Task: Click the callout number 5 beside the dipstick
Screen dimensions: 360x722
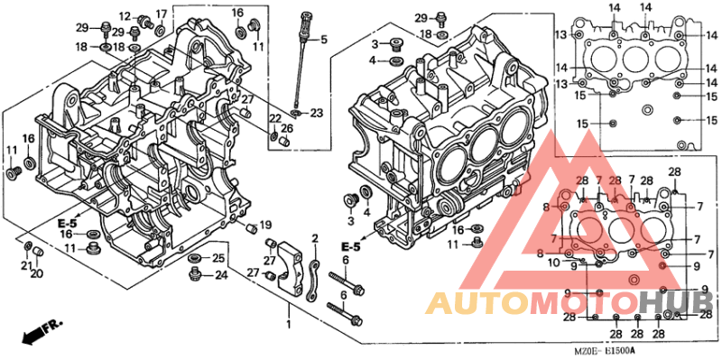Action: point(324,39)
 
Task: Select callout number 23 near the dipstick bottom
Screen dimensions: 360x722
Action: point(316,113)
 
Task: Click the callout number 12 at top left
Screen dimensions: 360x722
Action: point(125,17)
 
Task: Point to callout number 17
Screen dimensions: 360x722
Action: point(162,14)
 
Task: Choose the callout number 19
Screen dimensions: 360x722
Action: point(265,225)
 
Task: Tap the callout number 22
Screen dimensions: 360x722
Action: point(275,119)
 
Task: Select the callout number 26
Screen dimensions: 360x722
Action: point(287,128)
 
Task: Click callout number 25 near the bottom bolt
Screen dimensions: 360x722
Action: point(218,259)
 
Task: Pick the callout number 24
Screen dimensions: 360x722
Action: point(220,275)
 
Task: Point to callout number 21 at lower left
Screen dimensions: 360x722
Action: point(25,263)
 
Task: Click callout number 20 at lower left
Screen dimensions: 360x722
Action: point(37,274)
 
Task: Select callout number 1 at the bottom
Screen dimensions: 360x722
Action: point(289,323)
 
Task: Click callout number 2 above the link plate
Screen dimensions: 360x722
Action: point(315,238)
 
